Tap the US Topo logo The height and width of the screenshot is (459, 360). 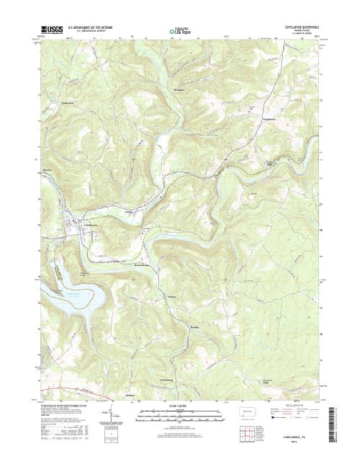[179, 32]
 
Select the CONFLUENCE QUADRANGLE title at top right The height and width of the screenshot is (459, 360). [302, 30]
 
